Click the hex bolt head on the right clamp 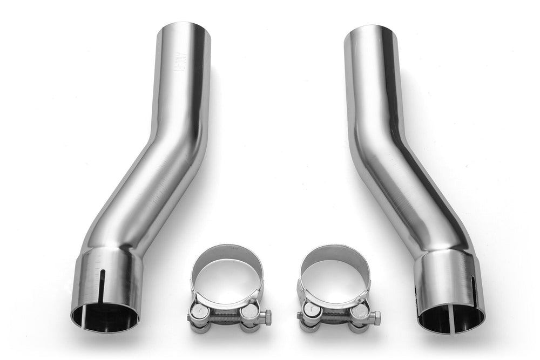(x=376, y=317)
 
